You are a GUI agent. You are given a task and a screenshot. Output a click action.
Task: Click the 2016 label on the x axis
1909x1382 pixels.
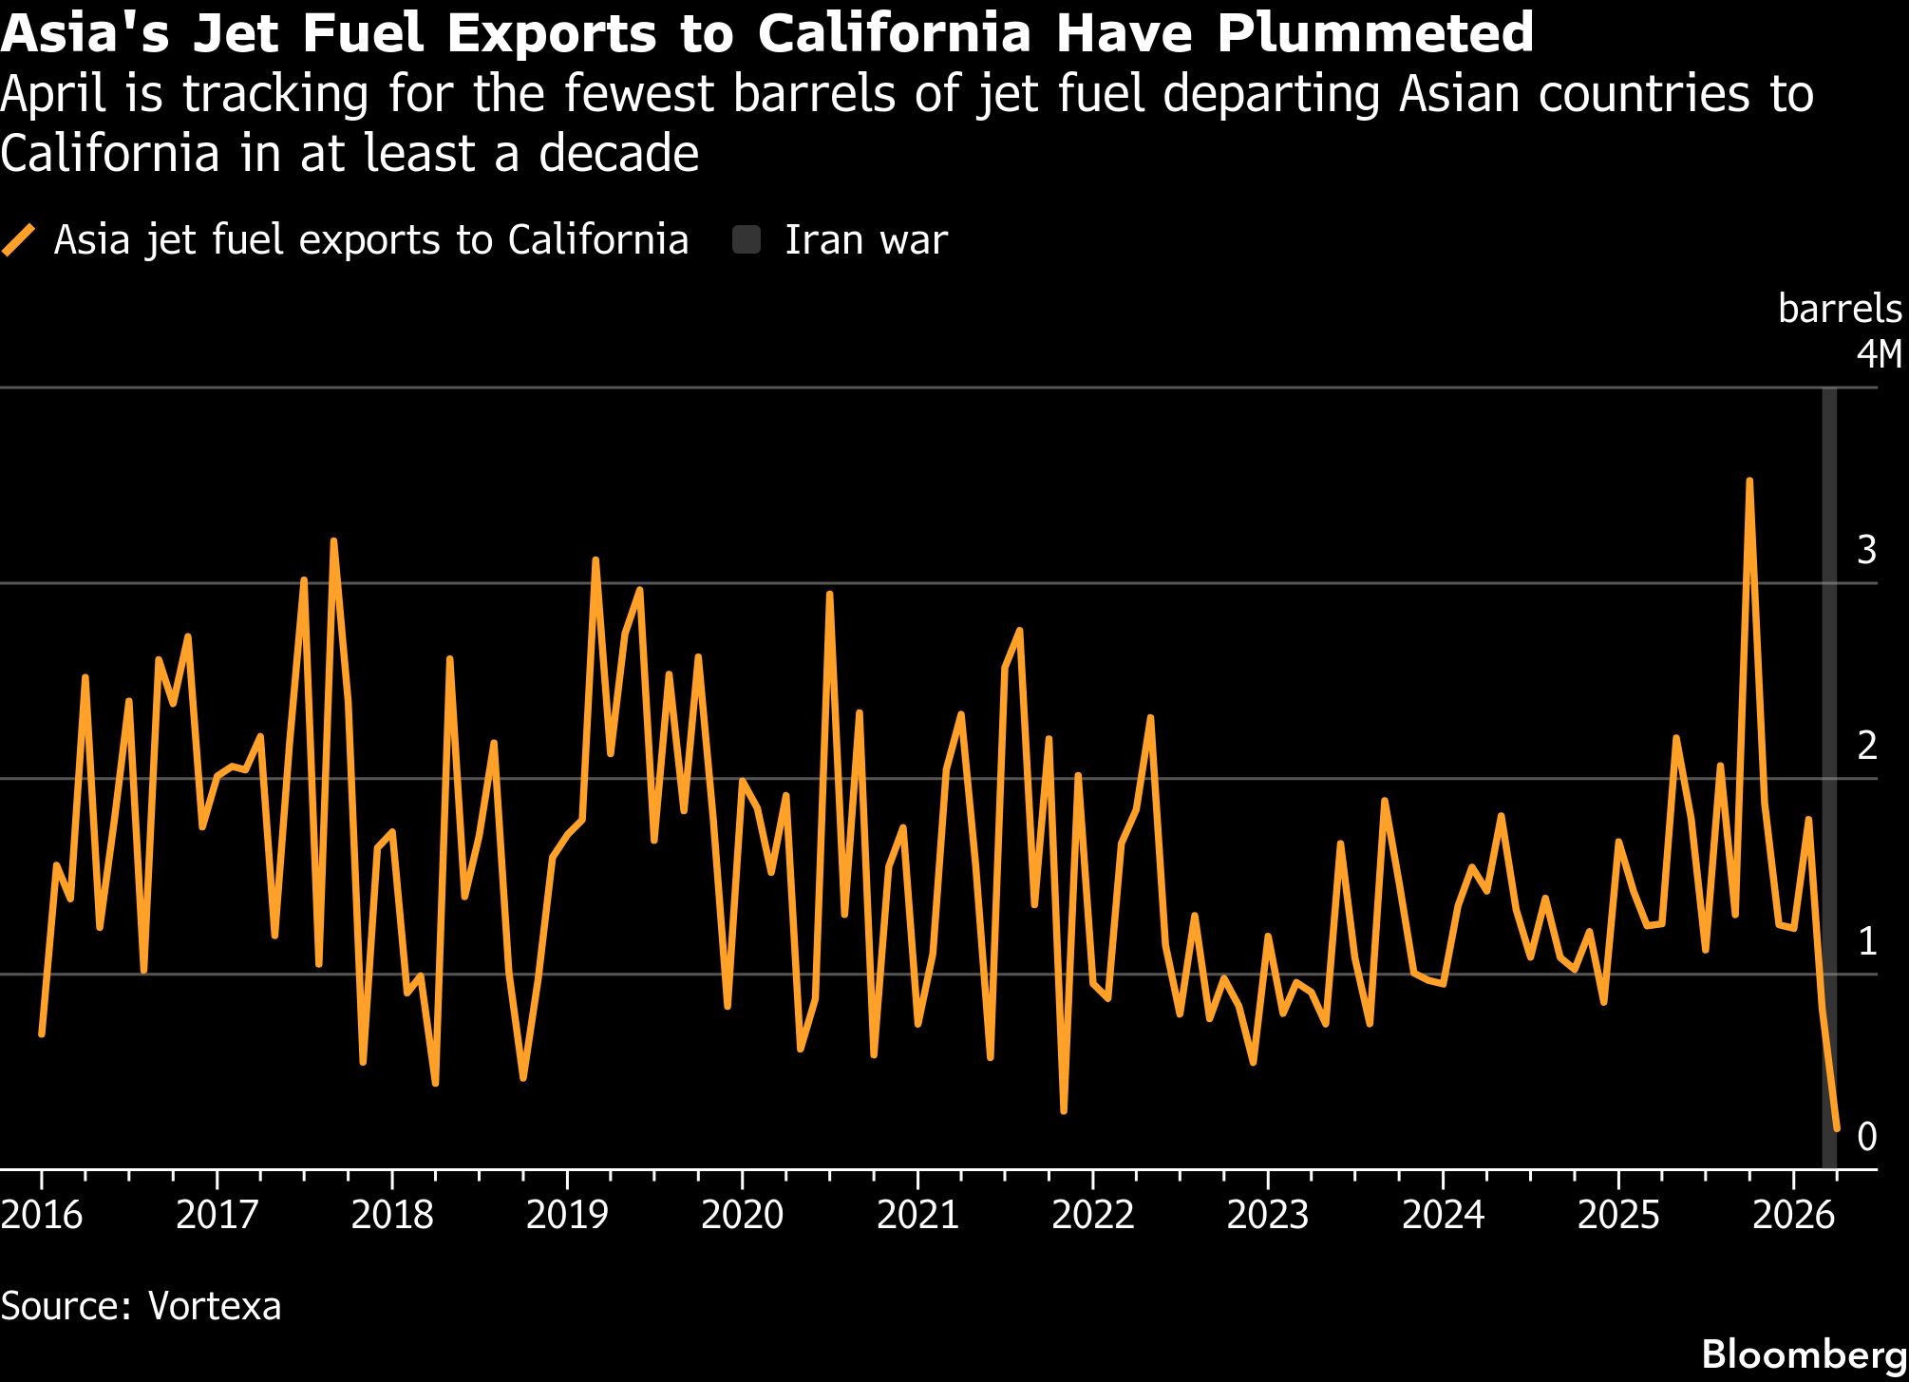pos(42,1215)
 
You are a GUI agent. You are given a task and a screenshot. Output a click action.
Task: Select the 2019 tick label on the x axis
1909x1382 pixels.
pos(567,1215)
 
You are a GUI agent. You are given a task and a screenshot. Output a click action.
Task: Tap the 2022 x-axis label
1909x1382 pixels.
pos(1092,1215)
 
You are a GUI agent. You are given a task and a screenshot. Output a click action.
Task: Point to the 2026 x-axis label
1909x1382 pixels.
pos(1793,1215)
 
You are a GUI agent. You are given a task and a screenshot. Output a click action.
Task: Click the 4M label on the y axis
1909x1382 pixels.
pos(1880,355)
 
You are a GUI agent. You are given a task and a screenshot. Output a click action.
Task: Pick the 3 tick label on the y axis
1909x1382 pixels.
pos(1866,550)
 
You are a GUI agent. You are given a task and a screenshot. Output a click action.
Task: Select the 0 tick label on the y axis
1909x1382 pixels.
pos(1866,1136)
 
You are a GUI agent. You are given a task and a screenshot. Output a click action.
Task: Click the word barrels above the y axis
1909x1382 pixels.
pos(1840,310)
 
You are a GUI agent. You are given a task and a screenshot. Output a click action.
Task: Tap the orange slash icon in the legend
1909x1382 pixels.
pos(19,240)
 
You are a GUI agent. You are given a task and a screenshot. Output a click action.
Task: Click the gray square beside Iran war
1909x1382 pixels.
pos(747,240)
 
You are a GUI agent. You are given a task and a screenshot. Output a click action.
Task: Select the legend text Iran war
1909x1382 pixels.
pos(865,240)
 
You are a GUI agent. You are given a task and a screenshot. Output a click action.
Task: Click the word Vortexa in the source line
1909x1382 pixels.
pos(215,1306)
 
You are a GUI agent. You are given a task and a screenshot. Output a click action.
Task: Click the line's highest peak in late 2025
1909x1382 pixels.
pos(1748,482)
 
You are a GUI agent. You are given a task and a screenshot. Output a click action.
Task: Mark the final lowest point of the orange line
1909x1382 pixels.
pos(1837,1129)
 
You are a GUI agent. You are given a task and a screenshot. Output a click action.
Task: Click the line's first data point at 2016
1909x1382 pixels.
pos(42,1033)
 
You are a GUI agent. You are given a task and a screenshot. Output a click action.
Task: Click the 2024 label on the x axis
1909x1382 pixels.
pos(1443,1215)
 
